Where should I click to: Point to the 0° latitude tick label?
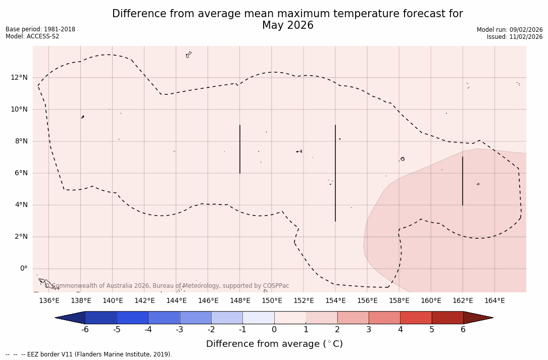(x=24, y=269)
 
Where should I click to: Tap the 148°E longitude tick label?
(x=240, y=301)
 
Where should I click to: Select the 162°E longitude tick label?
(x=463, y=301)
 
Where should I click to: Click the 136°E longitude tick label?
(x=49, y=301)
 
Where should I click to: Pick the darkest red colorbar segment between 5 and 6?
(x=447, y=318)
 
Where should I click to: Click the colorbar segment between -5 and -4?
(x=132, y=318)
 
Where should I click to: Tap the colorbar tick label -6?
(x=85, y=330)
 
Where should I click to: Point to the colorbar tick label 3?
(x=369, y=330)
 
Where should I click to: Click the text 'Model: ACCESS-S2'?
(x=32, y=36)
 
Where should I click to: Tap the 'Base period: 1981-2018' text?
(x=40, y=29)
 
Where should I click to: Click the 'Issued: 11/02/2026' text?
(x=515, y=37)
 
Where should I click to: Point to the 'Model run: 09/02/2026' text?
(x=510, y=30)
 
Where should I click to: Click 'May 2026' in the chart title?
(x=287, y=25)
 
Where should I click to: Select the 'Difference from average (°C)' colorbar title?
(x=274, y=344)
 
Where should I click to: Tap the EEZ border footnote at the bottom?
(x=89, y=354)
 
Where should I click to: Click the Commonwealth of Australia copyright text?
(x=167, y=286)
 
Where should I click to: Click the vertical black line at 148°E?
(x=240, y=149)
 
